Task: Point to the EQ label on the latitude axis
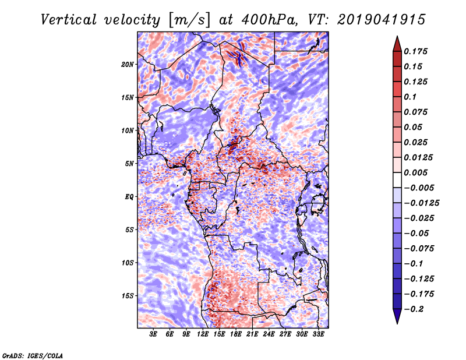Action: (x=129, y=196)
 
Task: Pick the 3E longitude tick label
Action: (x=154, y=334)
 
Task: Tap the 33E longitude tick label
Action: (x=318, y=334)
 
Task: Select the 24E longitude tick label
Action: (x=269, y=334)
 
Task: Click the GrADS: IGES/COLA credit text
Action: (x=32, y=354)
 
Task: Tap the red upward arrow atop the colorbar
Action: (x=397, y=43)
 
